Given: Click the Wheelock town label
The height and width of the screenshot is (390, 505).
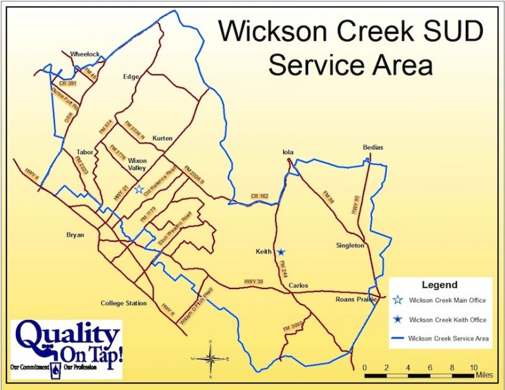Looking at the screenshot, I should (x=85, y=54).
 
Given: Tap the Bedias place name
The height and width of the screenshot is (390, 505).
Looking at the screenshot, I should (x=372, y=147).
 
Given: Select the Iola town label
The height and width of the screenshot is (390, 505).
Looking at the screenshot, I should (x=288, y=152).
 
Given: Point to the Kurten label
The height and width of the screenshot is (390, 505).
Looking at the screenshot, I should (x=163, y=138).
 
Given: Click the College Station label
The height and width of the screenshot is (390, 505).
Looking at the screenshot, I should (x=124, y=304).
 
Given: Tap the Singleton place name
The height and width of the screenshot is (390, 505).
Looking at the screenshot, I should (x=350, y=245).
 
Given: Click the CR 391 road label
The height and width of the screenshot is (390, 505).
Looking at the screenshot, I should (x=67, y=83).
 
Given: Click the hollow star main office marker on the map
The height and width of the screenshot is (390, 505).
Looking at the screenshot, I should (x=138, y=190).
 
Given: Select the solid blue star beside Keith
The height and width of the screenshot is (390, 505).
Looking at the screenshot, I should (x=281, y=252).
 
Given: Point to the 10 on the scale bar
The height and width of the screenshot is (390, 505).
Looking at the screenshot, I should (x=473, y=367).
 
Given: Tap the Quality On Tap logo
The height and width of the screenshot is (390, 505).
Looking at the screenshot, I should (x=66, y=349).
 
